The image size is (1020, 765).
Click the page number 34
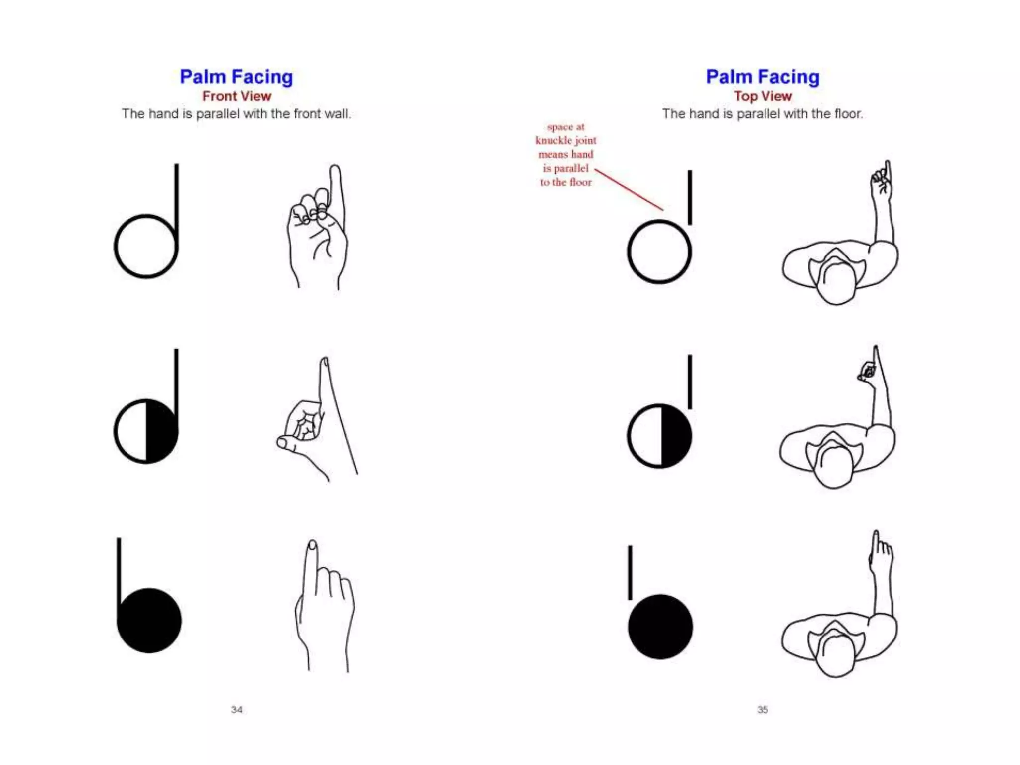(x=237, y=709)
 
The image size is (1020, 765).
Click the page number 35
(x=763, y=709)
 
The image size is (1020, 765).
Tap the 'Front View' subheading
(x=237, y=96)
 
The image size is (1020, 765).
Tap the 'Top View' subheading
(x=763, y=96)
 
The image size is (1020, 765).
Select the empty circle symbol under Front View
(x=146, y=247)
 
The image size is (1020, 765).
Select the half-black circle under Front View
(x=146, y=431)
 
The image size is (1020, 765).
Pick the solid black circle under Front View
(x=149, y=621)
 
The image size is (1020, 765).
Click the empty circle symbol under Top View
(x=659, y=252)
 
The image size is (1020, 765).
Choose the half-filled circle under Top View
(x=659, y=436)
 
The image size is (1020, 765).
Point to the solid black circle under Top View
(x=660, y=627)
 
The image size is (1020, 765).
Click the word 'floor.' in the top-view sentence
(x=848, y=114)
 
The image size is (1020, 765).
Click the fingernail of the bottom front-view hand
(x=312, y=545)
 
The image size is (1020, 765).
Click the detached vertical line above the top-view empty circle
(x=690, y=197)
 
